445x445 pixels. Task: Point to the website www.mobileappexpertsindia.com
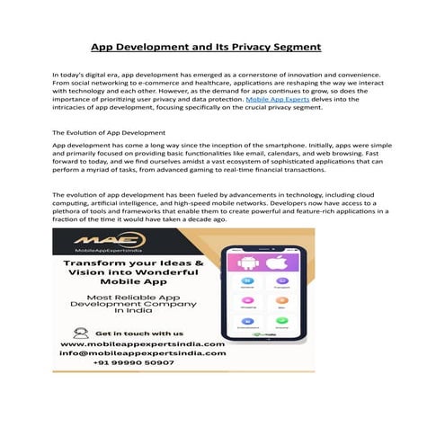pyautogui.click(x=142, y=344)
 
